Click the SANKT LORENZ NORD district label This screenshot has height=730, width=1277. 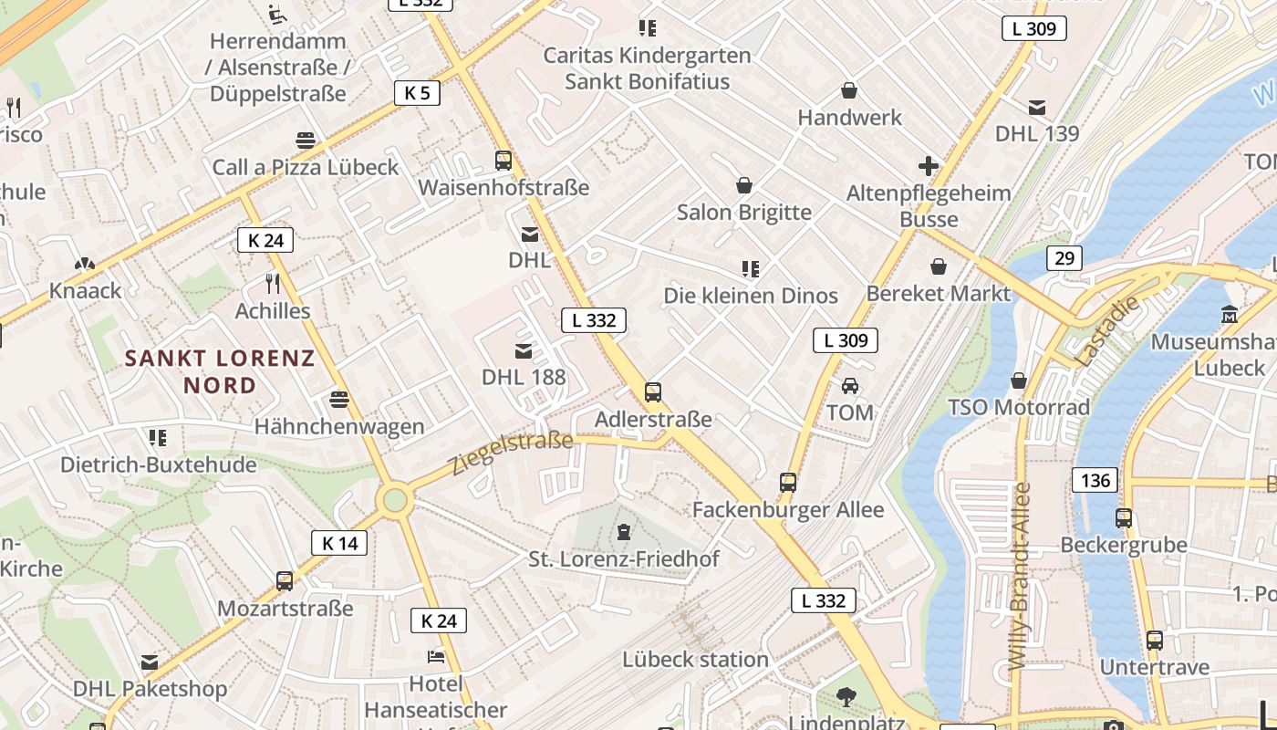220,371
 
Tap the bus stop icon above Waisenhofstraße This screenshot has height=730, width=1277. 504,161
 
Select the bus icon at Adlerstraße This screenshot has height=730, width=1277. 653,392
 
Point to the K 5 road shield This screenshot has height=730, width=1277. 417,92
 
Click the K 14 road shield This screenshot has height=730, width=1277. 339,543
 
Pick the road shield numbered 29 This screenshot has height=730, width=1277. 1064,258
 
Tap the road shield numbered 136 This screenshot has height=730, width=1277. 1095,480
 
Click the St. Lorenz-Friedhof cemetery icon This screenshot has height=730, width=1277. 624,531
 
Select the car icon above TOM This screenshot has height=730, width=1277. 850,385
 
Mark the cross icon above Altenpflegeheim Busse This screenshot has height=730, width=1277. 929,166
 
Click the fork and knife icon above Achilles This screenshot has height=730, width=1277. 272,283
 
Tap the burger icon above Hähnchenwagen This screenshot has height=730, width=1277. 339,400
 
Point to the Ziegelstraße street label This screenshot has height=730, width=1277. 512,454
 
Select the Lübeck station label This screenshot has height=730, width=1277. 695,659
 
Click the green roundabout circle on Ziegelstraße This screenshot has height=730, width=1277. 395,500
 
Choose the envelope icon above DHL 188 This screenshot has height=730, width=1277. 524,350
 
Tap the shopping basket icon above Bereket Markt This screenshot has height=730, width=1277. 939,266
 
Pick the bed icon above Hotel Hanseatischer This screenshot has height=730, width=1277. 436,657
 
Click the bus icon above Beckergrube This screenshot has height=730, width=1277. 1124,518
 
